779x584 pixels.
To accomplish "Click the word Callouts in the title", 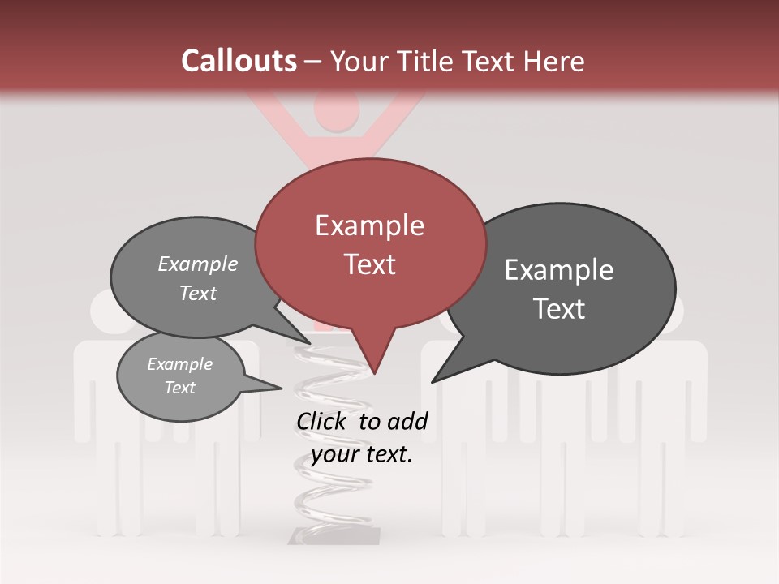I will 239,61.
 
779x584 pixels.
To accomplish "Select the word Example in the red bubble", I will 369,225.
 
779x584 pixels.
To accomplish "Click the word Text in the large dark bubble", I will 559,309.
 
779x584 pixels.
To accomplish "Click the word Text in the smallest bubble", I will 179,388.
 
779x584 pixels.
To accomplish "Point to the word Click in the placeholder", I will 321,421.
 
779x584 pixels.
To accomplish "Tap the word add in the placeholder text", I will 407,421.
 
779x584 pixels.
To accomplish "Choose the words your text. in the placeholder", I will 362,454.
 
